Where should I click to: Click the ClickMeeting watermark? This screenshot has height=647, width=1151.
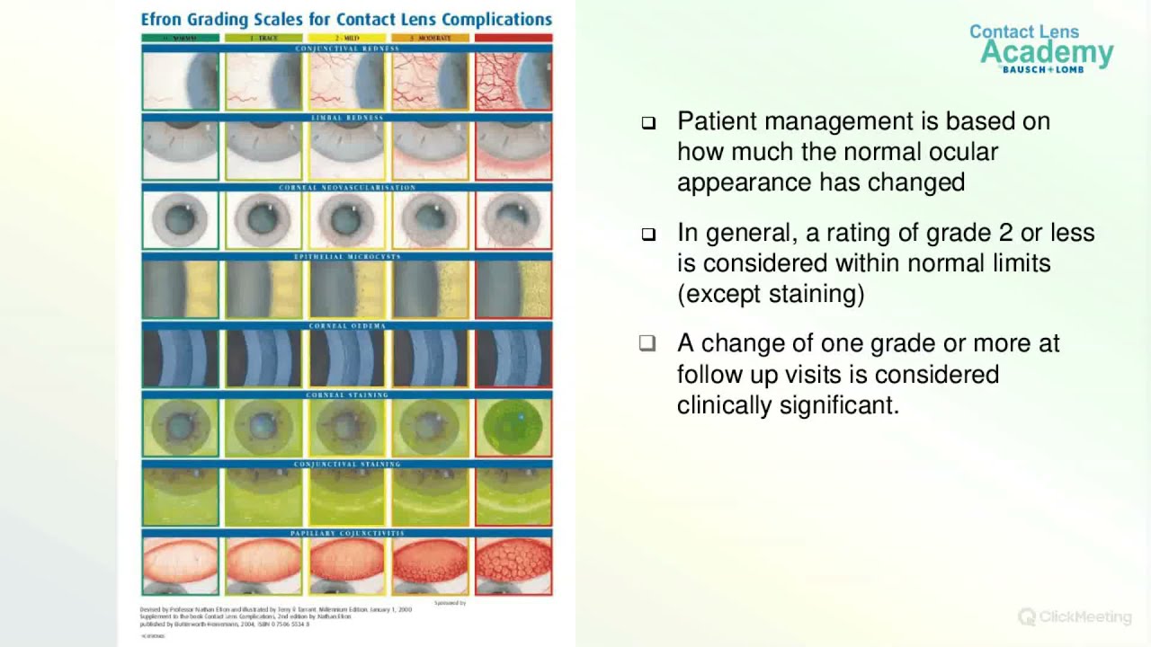coord(1075,616)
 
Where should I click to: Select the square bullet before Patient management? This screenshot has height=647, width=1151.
coord(648,123)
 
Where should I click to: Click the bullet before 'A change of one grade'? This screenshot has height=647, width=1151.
coord(648,343)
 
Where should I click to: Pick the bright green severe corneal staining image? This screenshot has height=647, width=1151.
coord(513,428)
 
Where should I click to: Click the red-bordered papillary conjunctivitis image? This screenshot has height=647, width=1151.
coord(513,567)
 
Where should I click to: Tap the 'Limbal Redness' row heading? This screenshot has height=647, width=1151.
coord(347,118)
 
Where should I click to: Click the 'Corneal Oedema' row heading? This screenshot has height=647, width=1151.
coord(347,325)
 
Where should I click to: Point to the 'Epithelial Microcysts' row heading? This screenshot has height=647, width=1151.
coord(347,257)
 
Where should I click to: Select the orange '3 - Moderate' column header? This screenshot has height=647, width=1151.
coord(430,39)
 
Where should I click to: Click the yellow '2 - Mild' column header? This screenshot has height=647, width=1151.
coord(347,39)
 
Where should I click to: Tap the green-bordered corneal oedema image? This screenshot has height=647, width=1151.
coord(180,359)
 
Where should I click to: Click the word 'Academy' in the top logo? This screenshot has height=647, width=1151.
coord(1047,53)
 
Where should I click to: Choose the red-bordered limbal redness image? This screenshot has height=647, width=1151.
coord(513,151)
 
